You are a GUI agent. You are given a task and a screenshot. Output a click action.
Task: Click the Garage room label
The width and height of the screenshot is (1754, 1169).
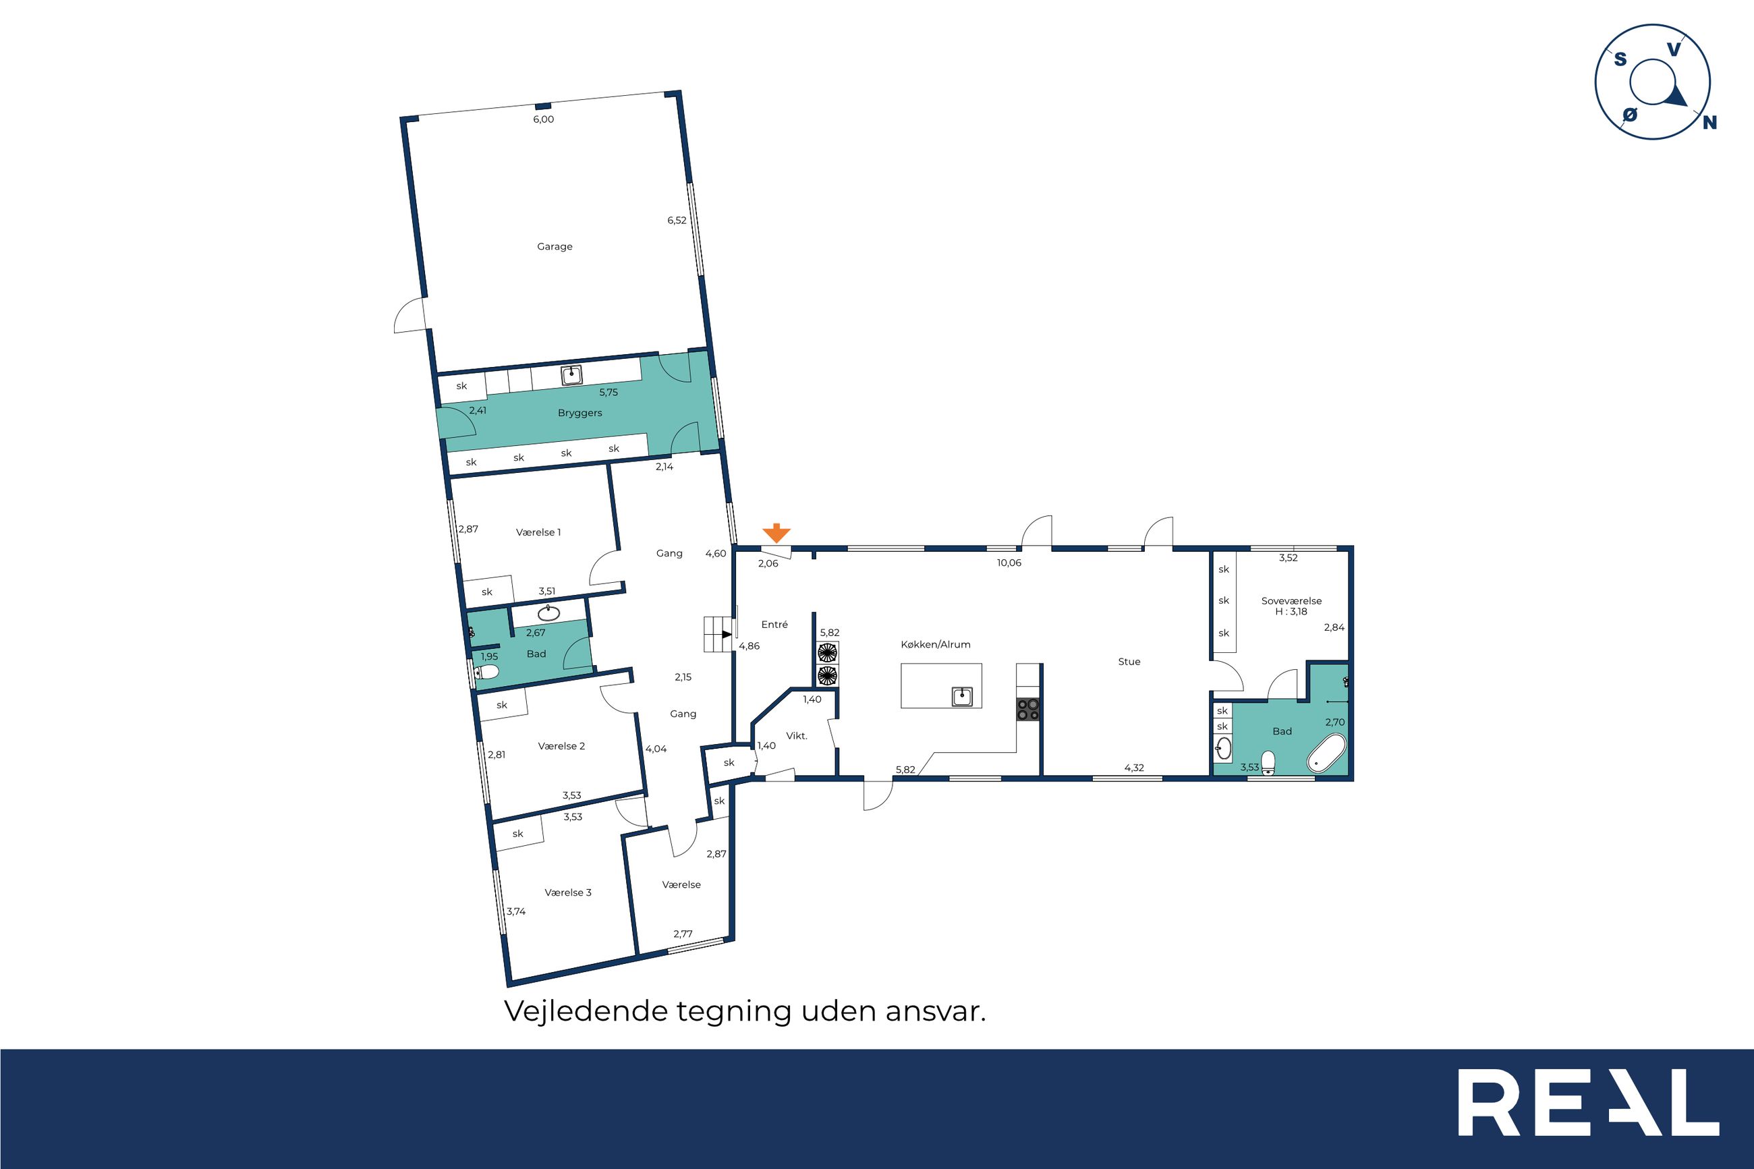pos(555,247)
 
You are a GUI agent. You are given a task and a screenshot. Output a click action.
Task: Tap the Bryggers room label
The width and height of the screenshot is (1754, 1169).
pos(580,413)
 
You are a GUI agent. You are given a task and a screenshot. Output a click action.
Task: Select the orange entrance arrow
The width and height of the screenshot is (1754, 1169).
pos(776,533)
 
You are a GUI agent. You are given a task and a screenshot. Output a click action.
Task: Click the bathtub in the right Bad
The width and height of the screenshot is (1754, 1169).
pos(1326,753)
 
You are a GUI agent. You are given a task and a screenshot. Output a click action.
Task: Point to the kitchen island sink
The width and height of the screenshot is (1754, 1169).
pos(961,697)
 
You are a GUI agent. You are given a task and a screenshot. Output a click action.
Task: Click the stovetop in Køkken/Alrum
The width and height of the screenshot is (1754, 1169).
pos(1028,709)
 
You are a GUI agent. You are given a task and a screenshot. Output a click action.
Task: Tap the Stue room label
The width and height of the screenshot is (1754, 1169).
pos(1129,662)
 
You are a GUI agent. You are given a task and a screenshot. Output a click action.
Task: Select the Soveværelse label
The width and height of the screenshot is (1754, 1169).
pos(1292,601)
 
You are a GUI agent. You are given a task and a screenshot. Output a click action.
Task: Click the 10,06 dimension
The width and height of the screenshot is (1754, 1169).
pos(1009,563)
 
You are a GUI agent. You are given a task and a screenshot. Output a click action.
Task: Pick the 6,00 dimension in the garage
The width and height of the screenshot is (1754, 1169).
pos(544,119)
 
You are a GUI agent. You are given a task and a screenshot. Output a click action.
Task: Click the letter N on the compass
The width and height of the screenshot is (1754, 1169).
pos(1710,123)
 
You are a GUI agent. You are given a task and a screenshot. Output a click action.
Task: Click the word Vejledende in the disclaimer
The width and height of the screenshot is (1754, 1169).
pos(586,1012)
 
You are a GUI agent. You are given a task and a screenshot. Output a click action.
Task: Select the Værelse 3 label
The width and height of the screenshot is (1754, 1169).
pos(568,892)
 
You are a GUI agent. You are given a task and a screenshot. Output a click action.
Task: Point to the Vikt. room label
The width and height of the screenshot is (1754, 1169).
pos(797,736)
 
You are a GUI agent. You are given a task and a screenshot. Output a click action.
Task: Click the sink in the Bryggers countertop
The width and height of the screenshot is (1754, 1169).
pos(572,374)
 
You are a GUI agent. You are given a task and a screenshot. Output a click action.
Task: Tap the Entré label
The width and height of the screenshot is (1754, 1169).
pos(774,625)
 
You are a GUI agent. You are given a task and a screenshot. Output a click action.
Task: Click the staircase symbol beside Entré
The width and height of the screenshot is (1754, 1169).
pos(718,635)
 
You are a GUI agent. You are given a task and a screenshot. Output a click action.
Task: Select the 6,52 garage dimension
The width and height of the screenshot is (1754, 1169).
pos(677,221)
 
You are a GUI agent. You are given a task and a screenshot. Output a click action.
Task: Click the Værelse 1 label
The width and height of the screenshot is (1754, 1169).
pos(538,532)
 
